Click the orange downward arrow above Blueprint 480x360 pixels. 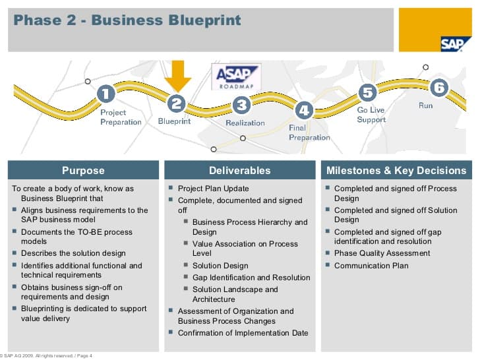[x=177, y=76]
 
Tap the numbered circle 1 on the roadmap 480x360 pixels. [x=106, y=94]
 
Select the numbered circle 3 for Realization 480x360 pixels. [x=242, y=105]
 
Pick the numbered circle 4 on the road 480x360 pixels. [x=304, y=110]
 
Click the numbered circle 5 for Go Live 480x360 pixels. [x=367, y=92]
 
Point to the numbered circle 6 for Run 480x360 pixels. [x=439, y=88]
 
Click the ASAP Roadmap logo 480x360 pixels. [x=236, y=77]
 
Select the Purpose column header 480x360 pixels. [x=83, y=170]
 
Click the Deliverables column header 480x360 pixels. [x=240, y=170]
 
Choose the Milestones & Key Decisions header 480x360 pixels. [x=396, y=170]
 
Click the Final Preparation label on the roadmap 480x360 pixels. [x=309, y=133]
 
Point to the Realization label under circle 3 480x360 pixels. [x=245, y=123]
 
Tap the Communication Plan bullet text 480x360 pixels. [x=371, y=266]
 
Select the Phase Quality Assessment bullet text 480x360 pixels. [x=382, y=253]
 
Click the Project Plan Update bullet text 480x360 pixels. [x=214, y=189]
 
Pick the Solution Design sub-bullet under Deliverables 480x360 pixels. [x=220, y=266]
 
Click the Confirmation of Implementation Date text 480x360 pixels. [x=243, y=333]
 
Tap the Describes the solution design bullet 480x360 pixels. [x=73, y=253]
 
